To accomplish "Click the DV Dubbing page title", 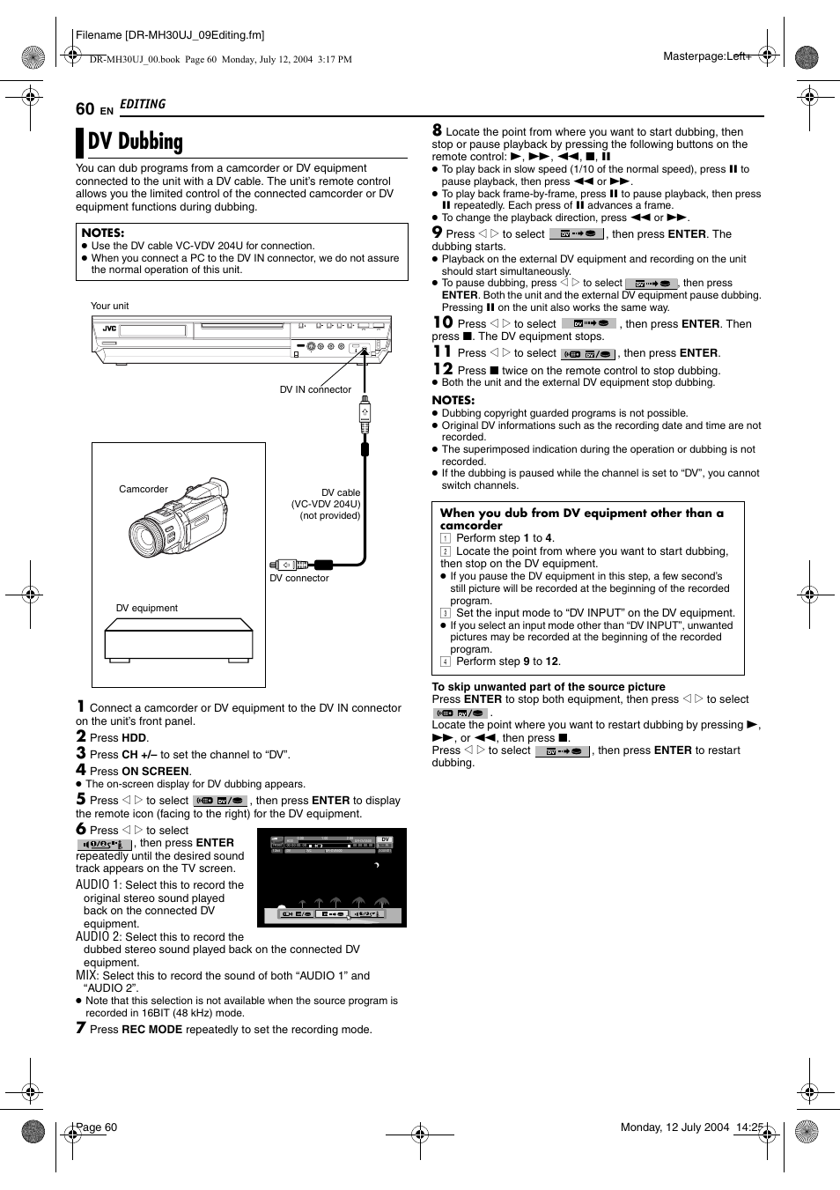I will point(136,142).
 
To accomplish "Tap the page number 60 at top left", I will point(85,109).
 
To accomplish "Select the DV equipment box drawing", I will point(179,639).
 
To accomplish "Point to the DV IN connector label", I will point(315,389).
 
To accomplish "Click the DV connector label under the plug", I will point(299,578).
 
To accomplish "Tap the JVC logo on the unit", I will point(109,329).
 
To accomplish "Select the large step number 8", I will point(437,130).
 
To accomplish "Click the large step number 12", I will point(442,369).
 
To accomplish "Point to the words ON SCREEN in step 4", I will point(155,771).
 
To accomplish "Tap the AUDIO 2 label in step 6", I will point(98,937).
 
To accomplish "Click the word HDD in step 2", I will point(134,738).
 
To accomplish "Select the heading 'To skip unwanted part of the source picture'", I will point(548,687).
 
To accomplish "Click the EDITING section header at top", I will point(143,104).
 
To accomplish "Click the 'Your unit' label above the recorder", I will point(109,306).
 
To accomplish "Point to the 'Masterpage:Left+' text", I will point(706,56).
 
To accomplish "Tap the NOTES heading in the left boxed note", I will point(102,233).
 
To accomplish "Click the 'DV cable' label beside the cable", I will point(340,492).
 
